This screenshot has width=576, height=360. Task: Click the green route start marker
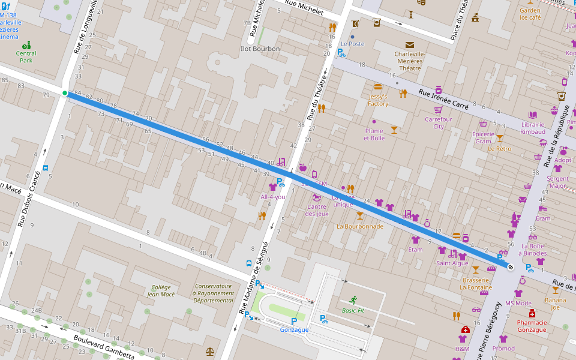(65, 93)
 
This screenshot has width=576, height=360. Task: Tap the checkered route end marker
(510, 267)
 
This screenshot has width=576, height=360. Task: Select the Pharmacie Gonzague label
(532, 326)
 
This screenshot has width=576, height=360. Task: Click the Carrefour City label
(439, 122)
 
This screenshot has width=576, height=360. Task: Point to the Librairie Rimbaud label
(533, 128)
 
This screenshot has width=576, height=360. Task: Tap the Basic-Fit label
(353, 310)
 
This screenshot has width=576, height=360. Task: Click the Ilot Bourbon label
(260, 49)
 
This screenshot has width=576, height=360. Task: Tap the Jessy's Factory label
(378, 100)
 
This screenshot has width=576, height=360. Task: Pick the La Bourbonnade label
(359, 226)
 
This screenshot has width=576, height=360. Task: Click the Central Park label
(26, 57)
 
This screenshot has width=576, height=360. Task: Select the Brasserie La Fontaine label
(476, 283)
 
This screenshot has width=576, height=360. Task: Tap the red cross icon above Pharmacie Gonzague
(532, 314)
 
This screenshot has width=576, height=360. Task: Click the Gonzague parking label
(294, 329)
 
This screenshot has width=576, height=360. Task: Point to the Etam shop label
(415, 249)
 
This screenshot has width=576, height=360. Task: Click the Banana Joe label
(555, 303)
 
